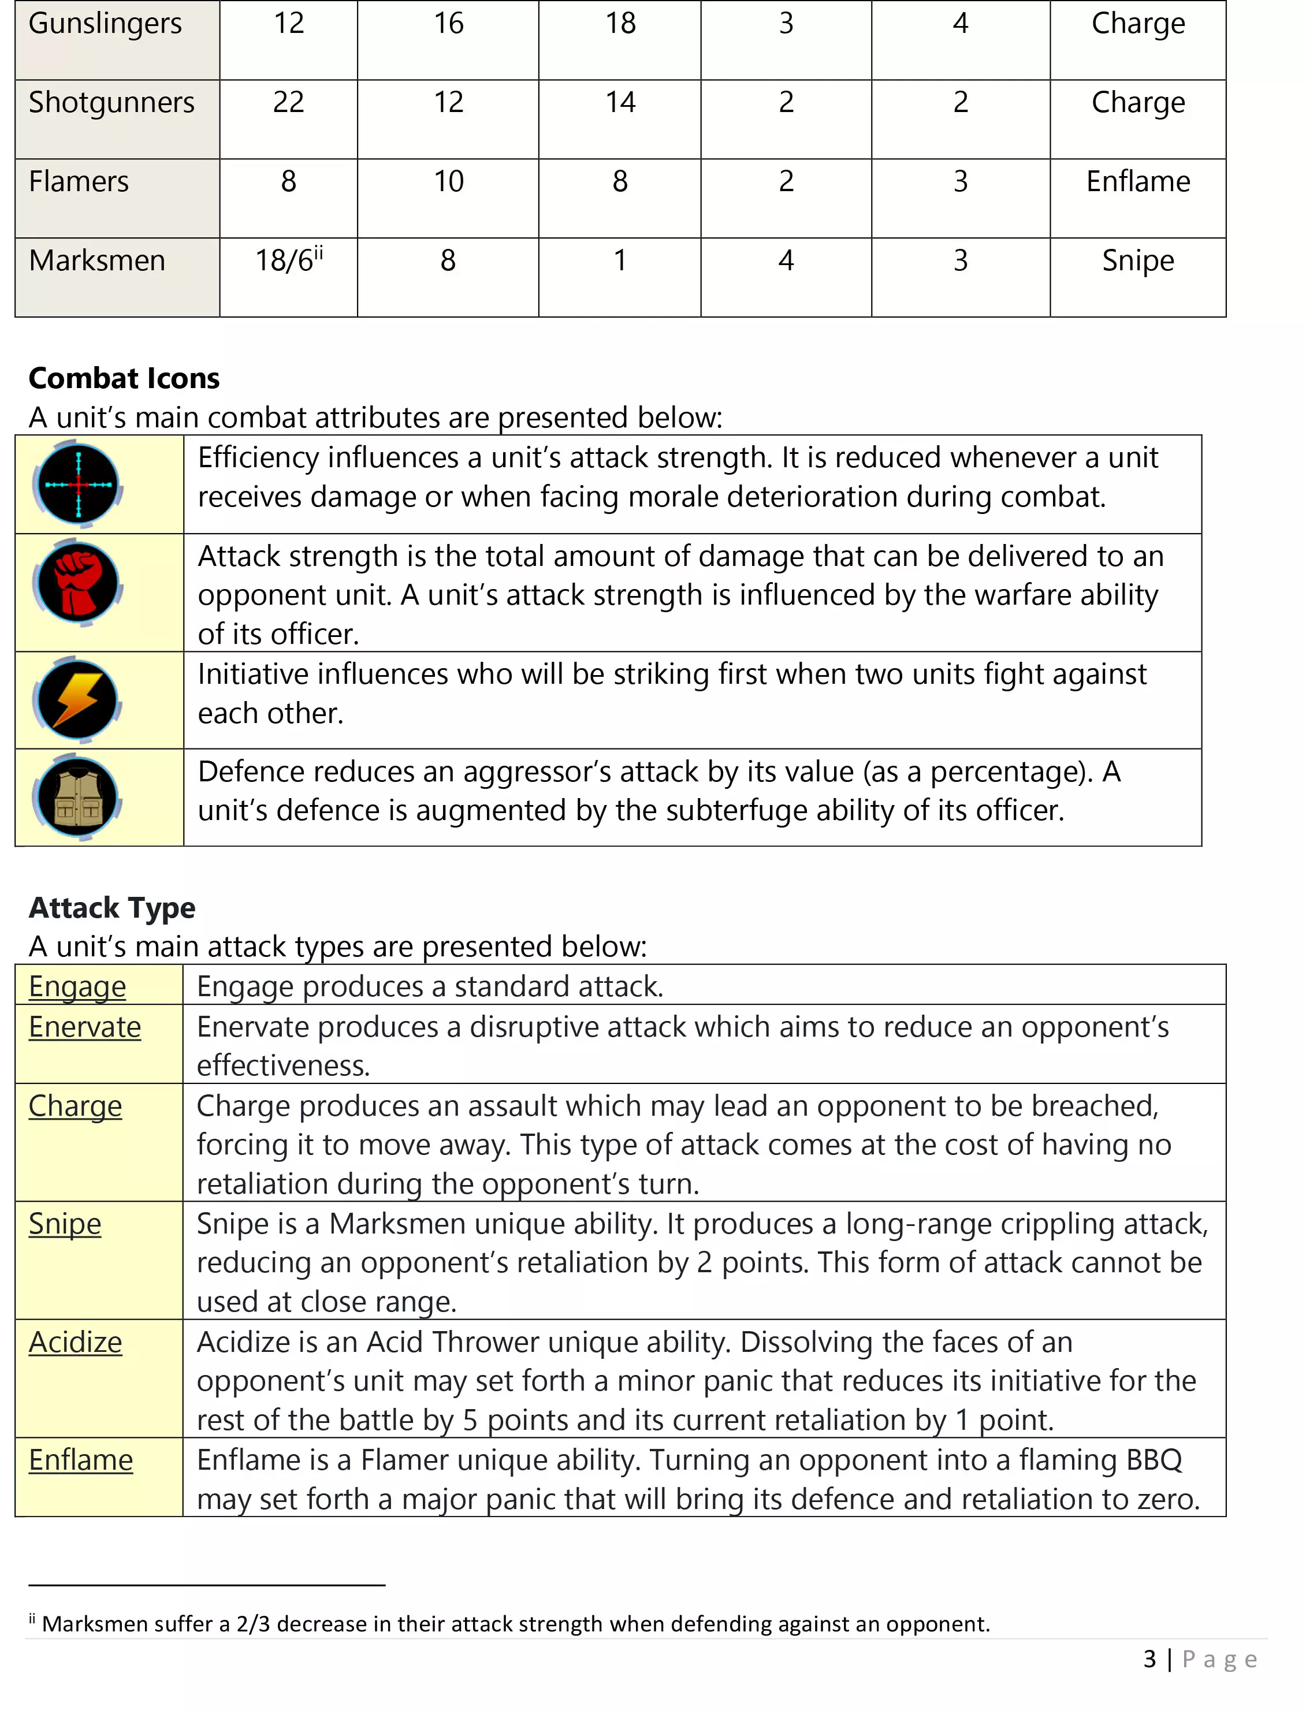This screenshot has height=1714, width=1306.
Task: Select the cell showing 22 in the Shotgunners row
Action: click(x=288, y=103)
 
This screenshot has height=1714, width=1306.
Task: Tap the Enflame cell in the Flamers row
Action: click(x=1137, y=182)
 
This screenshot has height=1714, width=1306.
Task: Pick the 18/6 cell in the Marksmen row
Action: click(x=288, y=260)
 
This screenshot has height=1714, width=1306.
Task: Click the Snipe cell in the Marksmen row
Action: click(x=1137, y=261)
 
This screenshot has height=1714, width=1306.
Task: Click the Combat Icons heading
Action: click(x=124, y=379)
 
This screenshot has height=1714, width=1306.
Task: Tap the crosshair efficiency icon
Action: click(x=78, y=485)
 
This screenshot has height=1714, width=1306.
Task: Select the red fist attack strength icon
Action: click(x=78, y=583)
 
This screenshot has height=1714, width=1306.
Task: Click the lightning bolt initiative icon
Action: click(x=78, y=699)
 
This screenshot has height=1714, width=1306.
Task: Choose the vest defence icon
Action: click(x=78, y=798)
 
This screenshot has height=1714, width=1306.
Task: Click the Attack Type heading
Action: click(x=112, y=908)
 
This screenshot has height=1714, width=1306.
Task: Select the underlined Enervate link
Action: click(x=85, y=1027)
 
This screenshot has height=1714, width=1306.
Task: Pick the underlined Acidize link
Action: click(x=76, y=1343)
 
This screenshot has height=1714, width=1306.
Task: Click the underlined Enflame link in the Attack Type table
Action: click(x=81, y=1460)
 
